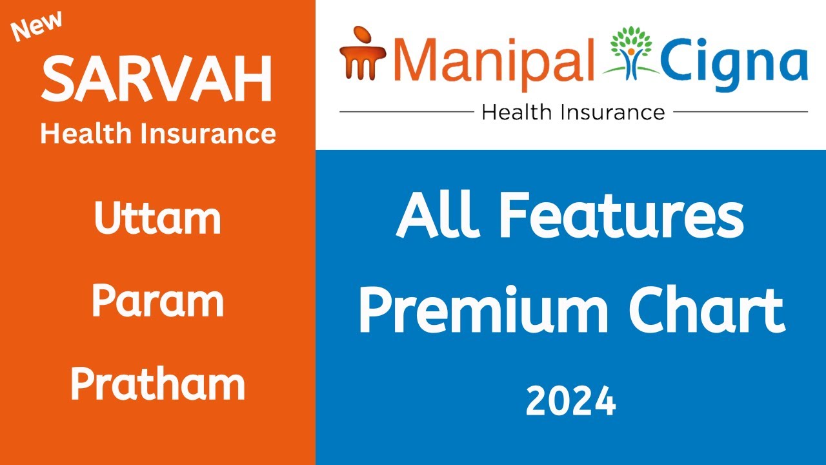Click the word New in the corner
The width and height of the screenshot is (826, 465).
37,27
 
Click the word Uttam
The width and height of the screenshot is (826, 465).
157,218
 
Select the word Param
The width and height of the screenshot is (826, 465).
157,301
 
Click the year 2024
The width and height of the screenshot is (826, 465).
570,402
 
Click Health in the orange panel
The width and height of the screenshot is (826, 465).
83,134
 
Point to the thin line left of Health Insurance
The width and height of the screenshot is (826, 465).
407,112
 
